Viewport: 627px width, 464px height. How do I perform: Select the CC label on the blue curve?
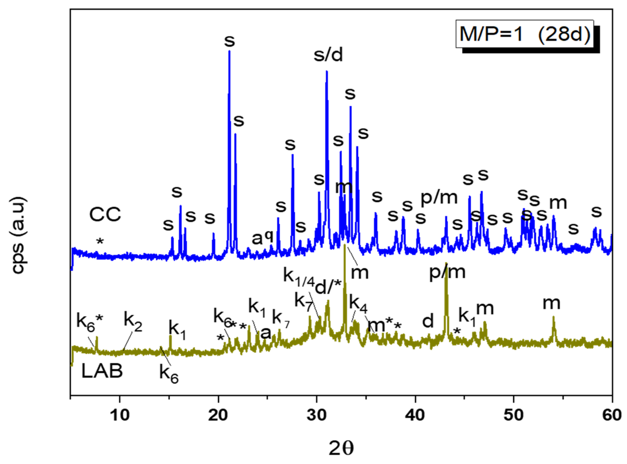pos(105,215)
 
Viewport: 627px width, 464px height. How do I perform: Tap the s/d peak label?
pos(328,55)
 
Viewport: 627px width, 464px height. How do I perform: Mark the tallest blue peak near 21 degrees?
pos(229,52)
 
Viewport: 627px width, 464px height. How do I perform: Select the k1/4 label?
pos(298,277)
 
